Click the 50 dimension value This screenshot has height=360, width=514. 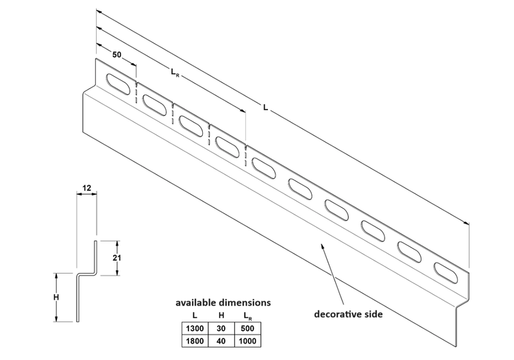pos(117,54)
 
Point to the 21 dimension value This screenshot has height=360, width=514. pos(117,257)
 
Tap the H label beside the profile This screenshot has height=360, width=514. pos(57,297)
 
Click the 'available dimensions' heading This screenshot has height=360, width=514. pos(223,302)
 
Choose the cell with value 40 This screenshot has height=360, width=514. pos(221,341)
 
